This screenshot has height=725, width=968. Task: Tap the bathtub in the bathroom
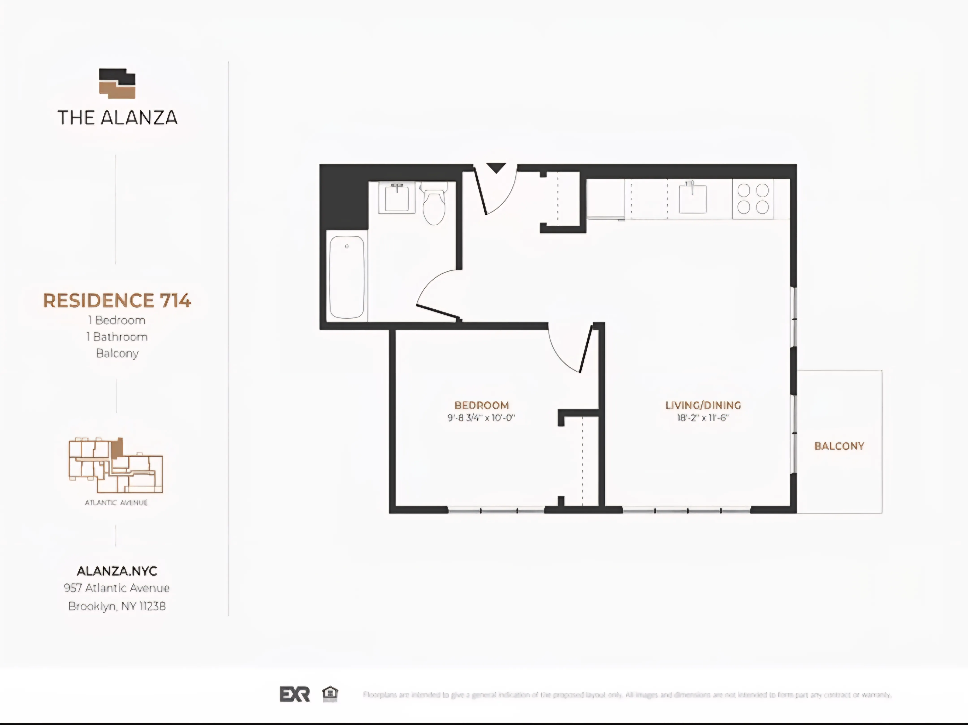click(x=347, y=277)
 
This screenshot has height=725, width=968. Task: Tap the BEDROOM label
click(x=481, y=405)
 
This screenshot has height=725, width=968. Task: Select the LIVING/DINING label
click(x=703, y=405)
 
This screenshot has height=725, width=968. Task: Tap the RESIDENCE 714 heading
click(x=117, y=301)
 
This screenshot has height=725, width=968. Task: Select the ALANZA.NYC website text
click(x=117, y=571)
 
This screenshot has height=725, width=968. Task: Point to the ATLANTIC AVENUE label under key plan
click(x=116, y=503)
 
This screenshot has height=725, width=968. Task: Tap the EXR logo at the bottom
click(x=294, y=694)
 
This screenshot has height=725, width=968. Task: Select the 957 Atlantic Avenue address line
click(x=117, y=588)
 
